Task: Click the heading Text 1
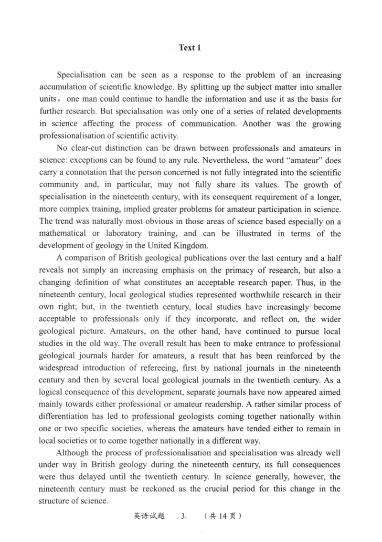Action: click(190, 48)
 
